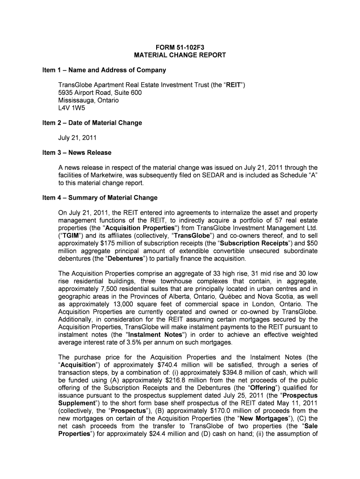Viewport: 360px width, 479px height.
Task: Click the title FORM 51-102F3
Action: point(180,46)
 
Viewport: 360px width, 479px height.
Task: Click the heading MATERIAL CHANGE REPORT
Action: point(180,55)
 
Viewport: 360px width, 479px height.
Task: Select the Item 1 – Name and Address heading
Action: point(102,70)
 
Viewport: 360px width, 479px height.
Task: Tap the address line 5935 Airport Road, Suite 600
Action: point(100,93)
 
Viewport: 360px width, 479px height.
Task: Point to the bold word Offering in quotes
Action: point(247,387)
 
